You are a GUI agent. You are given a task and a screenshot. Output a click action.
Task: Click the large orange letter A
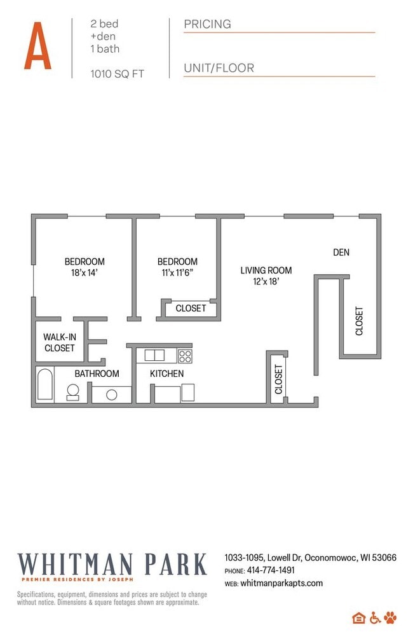tap(37, 46)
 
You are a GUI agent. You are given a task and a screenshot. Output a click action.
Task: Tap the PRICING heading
tap(207, 24)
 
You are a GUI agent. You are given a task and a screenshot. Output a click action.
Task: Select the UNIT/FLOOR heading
tap(219, 68)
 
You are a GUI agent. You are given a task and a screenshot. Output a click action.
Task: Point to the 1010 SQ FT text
tap(118, 74)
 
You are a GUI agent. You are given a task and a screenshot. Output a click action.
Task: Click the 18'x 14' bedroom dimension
tap(84, 272)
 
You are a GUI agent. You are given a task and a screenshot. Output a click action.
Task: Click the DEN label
tap(341, 253)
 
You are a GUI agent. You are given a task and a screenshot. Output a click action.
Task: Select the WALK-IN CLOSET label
tap(59, 342)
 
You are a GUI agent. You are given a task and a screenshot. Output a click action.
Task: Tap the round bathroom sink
tap(112, 395)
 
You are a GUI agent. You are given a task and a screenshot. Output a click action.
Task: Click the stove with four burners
tap(185, 355)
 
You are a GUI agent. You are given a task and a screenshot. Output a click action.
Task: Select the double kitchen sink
tap(154, 355)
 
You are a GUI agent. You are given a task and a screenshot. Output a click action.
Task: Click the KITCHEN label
tap(167, 374)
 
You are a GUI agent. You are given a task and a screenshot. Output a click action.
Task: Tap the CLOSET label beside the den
tap(359, 321)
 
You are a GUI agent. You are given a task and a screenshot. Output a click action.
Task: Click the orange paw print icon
tap(390, 617)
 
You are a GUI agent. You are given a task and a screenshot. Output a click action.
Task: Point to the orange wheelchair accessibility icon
tap(375, 617)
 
